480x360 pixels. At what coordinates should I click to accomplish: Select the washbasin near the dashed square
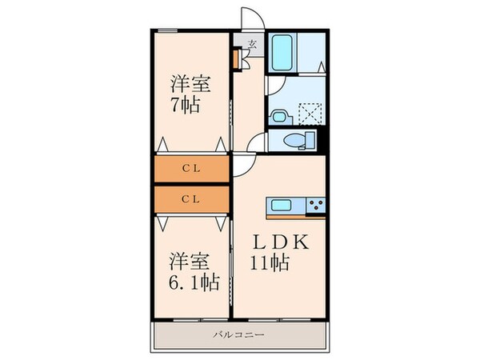(278, 116)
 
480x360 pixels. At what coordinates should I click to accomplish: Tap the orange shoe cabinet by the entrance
(236, 58)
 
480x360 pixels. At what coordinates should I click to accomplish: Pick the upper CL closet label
(190, 169)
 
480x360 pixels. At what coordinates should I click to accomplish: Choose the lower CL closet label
(190, 198)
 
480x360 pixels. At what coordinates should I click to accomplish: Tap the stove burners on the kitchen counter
(315, 206)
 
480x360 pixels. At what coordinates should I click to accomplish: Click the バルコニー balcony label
(238, 334)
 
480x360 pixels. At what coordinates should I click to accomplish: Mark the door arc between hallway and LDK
(242, 163)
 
